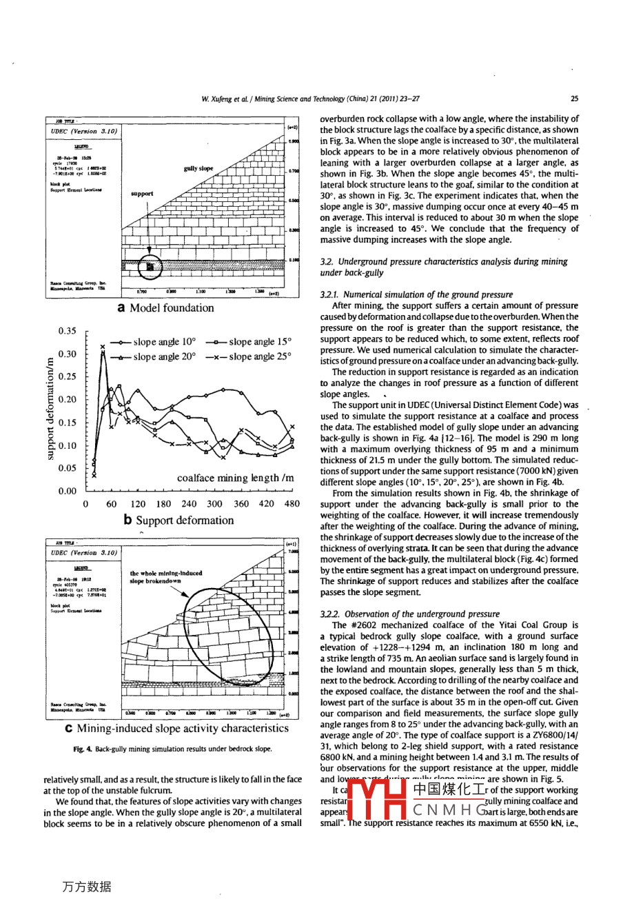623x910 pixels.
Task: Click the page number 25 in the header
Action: [575, 99]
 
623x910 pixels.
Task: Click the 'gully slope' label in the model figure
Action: [198, 168]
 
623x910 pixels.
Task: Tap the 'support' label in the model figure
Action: [142, 194]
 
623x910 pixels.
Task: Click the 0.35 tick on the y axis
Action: [68, 331]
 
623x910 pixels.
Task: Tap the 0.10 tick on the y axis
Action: [68, 445]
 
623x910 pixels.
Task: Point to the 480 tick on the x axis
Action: [292, 504]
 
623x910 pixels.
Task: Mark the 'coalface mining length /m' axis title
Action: [235, 478]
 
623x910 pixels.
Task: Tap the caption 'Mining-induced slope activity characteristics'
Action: [183, 729]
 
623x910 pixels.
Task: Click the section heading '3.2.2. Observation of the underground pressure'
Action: [410, 614]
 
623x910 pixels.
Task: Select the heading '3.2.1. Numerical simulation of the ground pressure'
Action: [416, 294]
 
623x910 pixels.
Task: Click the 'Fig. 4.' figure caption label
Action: [83, 749]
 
